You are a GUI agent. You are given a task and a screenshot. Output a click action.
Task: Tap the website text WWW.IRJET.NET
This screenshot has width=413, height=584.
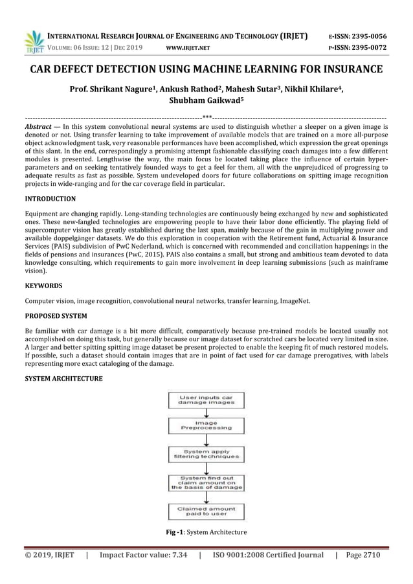[189, 48]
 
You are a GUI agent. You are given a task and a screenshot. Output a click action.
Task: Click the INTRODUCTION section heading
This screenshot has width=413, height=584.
[50, 199]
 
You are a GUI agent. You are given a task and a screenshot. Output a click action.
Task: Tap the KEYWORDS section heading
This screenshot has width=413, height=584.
[42, 284]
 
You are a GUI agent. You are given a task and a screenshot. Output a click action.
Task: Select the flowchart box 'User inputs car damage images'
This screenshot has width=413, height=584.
[206, 399]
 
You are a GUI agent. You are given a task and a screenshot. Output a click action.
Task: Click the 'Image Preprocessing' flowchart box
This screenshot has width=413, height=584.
[206, 425]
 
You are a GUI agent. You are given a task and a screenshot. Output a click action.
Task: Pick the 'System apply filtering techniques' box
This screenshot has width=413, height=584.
[206, 454]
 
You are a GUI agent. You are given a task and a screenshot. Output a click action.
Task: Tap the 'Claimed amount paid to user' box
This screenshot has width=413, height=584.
[206, 513]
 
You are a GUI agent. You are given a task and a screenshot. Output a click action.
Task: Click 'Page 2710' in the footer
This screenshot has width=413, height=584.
[364, 555]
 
